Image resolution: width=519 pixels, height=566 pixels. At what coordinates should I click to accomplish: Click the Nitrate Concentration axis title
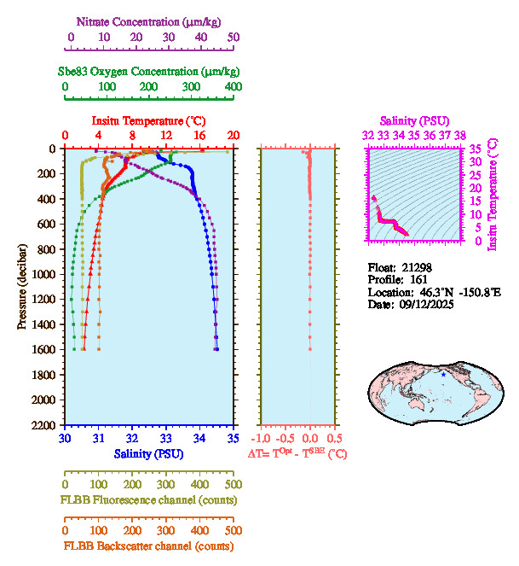[150, 20]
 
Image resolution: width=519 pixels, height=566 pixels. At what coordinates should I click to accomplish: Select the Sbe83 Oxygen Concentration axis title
[150, 71]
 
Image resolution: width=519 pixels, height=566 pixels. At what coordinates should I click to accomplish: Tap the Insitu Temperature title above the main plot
[148, 121]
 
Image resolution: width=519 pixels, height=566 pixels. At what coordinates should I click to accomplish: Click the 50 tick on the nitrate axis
[233, 38]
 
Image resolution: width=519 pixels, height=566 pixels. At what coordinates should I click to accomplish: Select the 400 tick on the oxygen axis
[233, 87]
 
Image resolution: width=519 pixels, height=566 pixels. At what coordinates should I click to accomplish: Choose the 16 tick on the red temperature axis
[199, 135]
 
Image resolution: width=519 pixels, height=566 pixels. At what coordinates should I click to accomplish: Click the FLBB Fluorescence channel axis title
[148, 499]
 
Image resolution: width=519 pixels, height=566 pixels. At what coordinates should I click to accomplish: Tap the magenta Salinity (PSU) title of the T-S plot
[413, 121]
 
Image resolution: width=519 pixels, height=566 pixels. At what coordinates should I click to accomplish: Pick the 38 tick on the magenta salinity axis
[459, 135]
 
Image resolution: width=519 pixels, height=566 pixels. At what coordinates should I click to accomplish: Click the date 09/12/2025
[418, 304]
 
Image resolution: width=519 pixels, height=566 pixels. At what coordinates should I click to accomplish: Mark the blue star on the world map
[443, 374]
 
